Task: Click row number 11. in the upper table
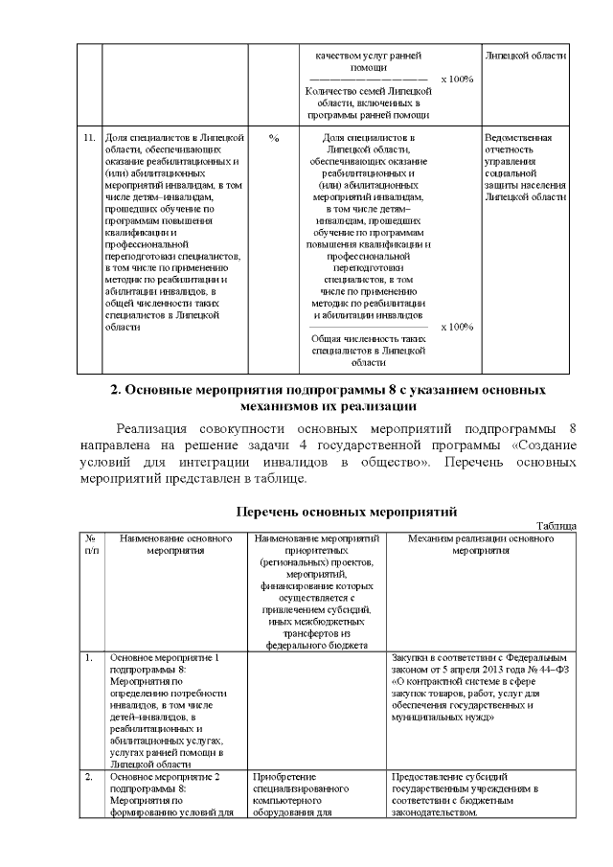(x=88, y=138)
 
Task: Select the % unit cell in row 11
(x=274, y=138)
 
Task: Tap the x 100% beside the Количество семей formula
(x=457, y=79)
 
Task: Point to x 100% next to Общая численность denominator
(x=457, y=327)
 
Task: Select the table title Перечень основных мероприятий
(x=345, y=511)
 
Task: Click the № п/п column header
(x=90, y=545)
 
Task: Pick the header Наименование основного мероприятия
(x=176, y=545)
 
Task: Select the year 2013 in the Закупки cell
(x=482, y=671)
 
